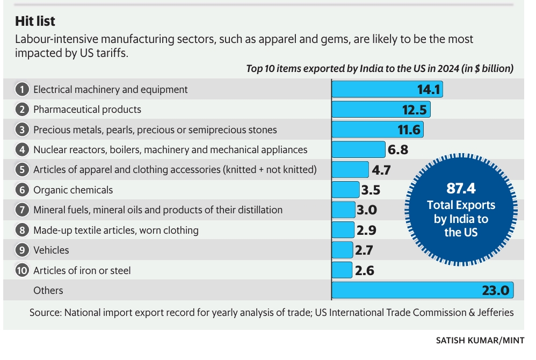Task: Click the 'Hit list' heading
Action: (35, 21)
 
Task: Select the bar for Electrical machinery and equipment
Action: (387, 89)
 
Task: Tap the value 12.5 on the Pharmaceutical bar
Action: (414, 110)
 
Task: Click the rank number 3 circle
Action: (22, 129)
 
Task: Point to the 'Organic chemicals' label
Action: (73, 190)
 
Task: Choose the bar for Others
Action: (422, 290)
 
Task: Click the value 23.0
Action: (495, 291)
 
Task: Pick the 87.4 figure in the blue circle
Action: (461, 189)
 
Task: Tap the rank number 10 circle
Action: (22, 270)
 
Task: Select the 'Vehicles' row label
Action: (51, 250)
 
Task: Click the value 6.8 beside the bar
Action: (397, 150)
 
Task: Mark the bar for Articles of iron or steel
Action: (342, 270)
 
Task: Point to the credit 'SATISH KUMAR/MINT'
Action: (480, 340)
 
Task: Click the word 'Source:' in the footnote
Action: (45, 312)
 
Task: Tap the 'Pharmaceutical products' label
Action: (87, 110)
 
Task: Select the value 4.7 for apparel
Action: (381, 170)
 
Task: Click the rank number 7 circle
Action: (22, 210)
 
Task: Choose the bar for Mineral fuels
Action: (343, 210)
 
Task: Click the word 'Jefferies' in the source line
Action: (492, 312)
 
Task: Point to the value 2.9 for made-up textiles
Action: (366, 231)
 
